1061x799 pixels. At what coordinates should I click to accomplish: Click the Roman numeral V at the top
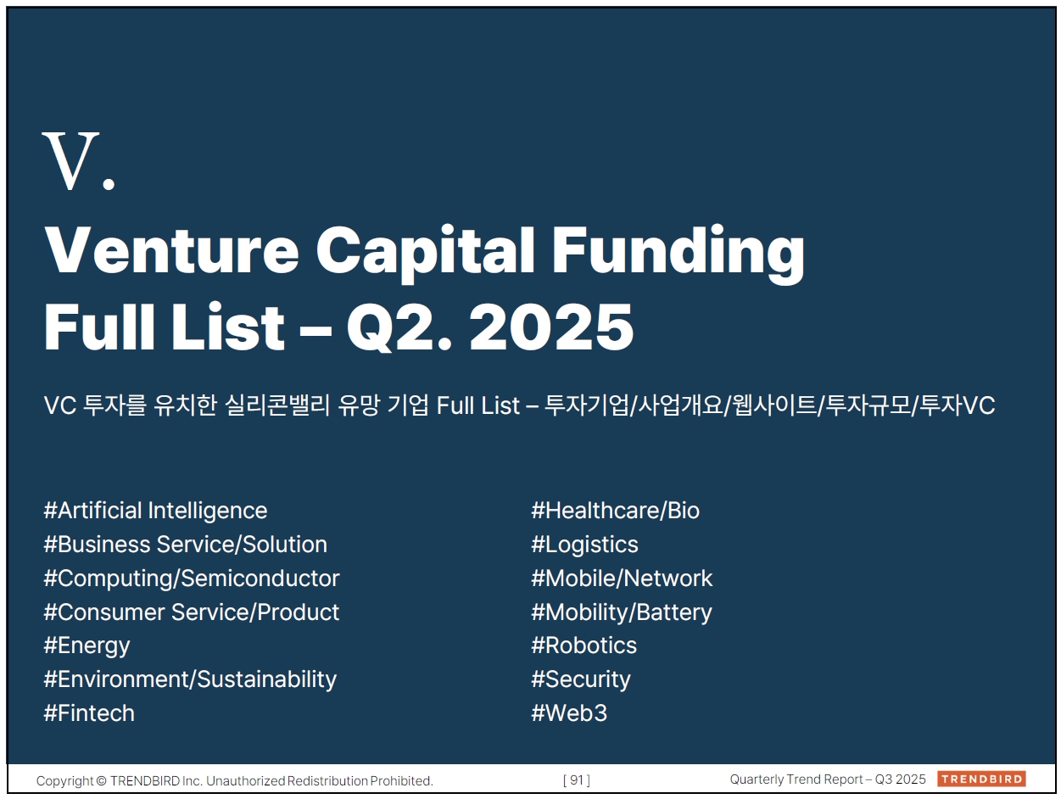click(x=71, y=160)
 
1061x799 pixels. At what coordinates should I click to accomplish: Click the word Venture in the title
click(x=171, y=251)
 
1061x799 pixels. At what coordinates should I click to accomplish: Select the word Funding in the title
click(x=678, y=254)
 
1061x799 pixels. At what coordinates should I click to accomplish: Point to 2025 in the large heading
click(x=551, y=327)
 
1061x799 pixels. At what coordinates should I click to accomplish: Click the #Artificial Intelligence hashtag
click(x=155, y=511)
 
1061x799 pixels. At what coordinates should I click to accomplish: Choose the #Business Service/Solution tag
click(x=185, y=545)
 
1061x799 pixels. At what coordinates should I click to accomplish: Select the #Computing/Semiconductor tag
click(x=192, y=578)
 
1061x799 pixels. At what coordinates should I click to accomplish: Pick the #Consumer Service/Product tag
click(x=192, y=612)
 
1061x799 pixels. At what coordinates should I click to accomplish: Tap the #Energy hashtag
click(x=87, y=646)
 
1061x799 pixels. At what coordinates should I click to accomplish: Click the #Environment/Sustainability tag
click(x=190, y=679)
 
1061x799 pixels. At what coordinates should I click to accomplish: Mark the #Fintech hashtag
click(x=89, y=713)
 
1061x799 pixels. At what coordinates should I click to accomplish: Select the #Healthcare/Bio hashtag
click(x=616, y=511)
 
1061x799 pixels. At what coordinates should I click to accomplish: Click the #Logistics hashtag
click(x=584, y=545)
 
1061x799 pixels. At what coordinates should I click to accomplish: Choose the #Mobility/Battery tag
click(x=622, y=612)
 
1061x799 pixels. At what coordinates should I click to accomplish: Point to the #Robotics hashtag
click(x=584, y=645)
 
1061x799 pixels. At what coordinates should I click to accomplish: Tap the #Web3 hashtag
click(x=569, y=713)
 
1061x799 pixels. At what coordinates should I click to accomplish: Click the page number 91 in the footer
click(x=576, y=779)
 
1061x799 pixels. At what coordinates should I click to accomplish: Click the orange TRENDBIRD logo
click(x=981, y=779)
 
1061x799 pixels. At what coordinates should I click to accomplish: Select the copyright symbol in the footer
click(x=101, y=781)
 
